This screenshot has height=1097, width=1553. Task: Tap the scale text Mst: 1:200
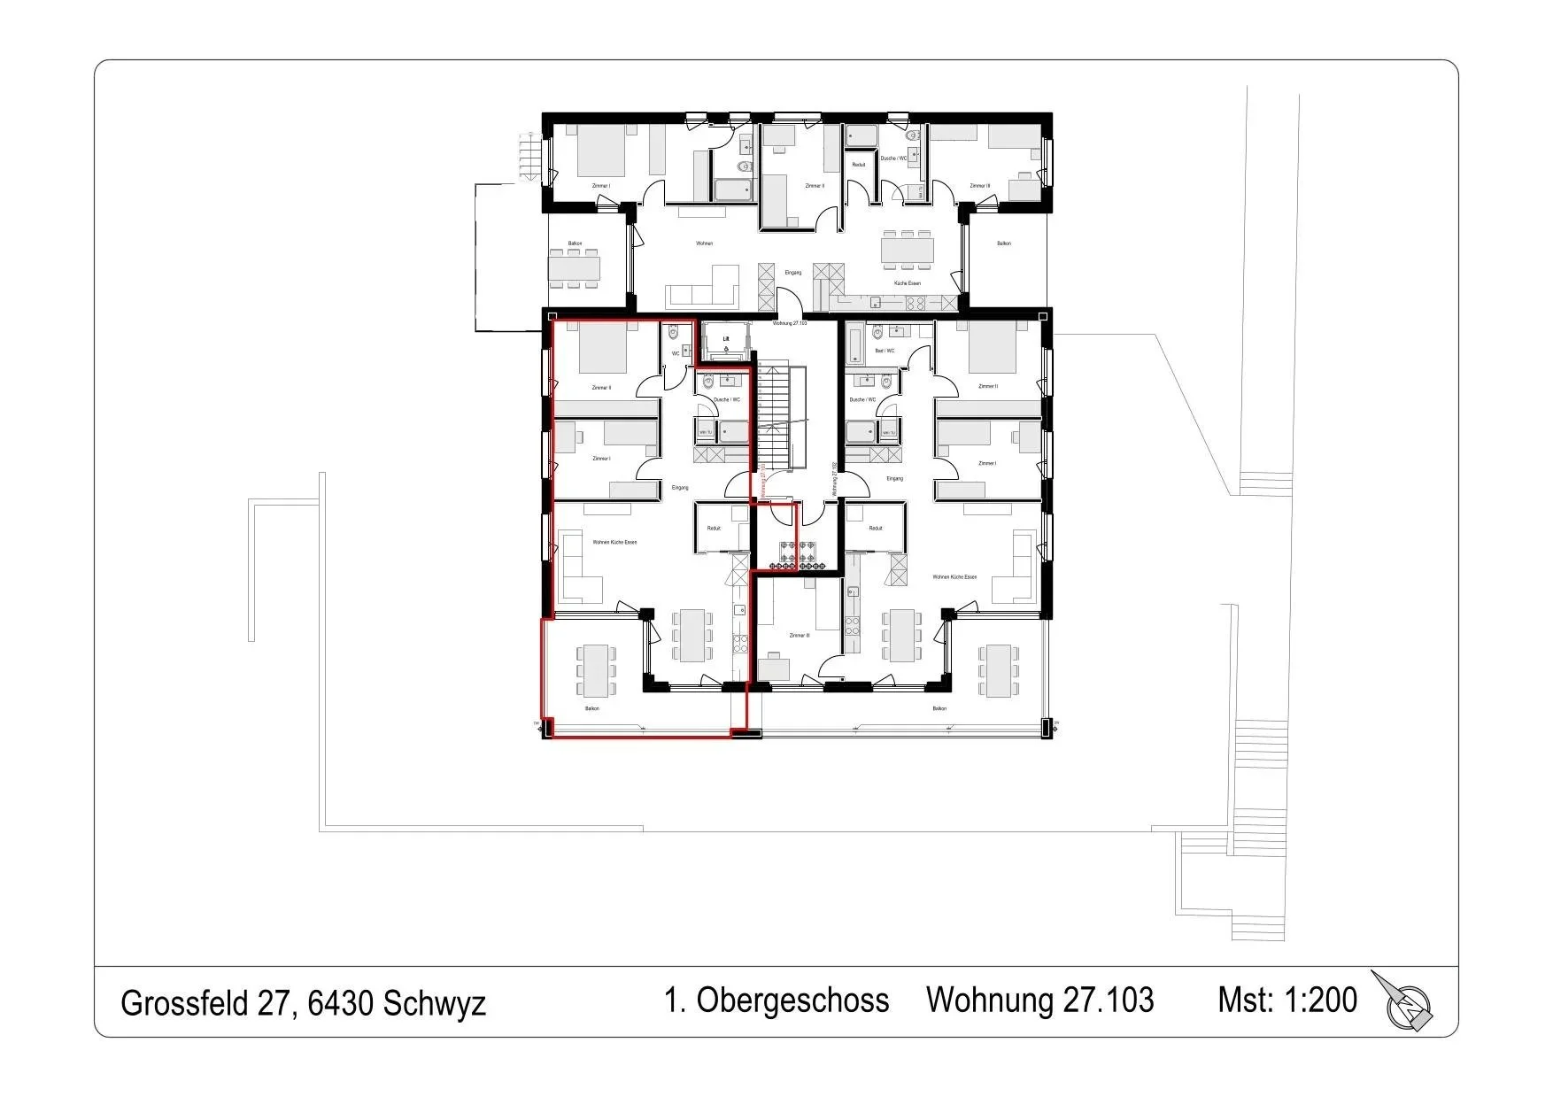pyautogui.click(x=1286, y=1000)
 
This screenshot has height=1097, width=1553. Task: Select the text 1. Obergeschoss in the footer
pyautogui.click(x=776, y=1000)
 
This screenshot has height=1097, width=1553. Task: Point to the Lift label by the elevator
pyautogui.click(x=725, y=339)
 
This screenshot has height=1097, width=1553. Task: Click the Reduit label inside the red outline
pyautogui.click(x=714, y=529)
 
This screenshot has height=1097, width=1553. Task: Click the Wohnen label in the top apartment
pyautogui.click(x=704, y=243)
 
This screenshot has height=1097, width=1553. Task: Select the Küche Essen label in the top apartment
pyautogui.click(x=907, y=283)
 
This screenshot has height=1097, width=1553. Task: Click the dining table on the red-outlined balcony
pyautogui.click(x=596, y=669)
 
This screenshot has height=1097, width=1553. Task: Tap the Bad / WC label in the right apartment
pyautogui.click(x=884, y=351)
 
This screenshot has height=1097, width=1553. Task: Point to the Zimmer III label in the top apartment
pyautogui.click(x=978, y=186)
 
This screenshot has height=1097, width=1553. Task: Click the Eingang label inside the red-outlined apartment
pyautogui.click(x=680, y=488)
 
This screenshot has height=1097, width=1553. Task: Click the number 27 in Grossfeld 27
pyautogui.click(x=274, y=1003)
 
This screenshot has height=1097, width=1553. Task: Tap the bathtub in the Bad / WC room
pyautogui.click(x=854, y=344)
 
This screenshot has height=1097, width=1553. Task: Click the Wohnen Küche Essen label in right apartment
pyautogui.click(x=954, y=577)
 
